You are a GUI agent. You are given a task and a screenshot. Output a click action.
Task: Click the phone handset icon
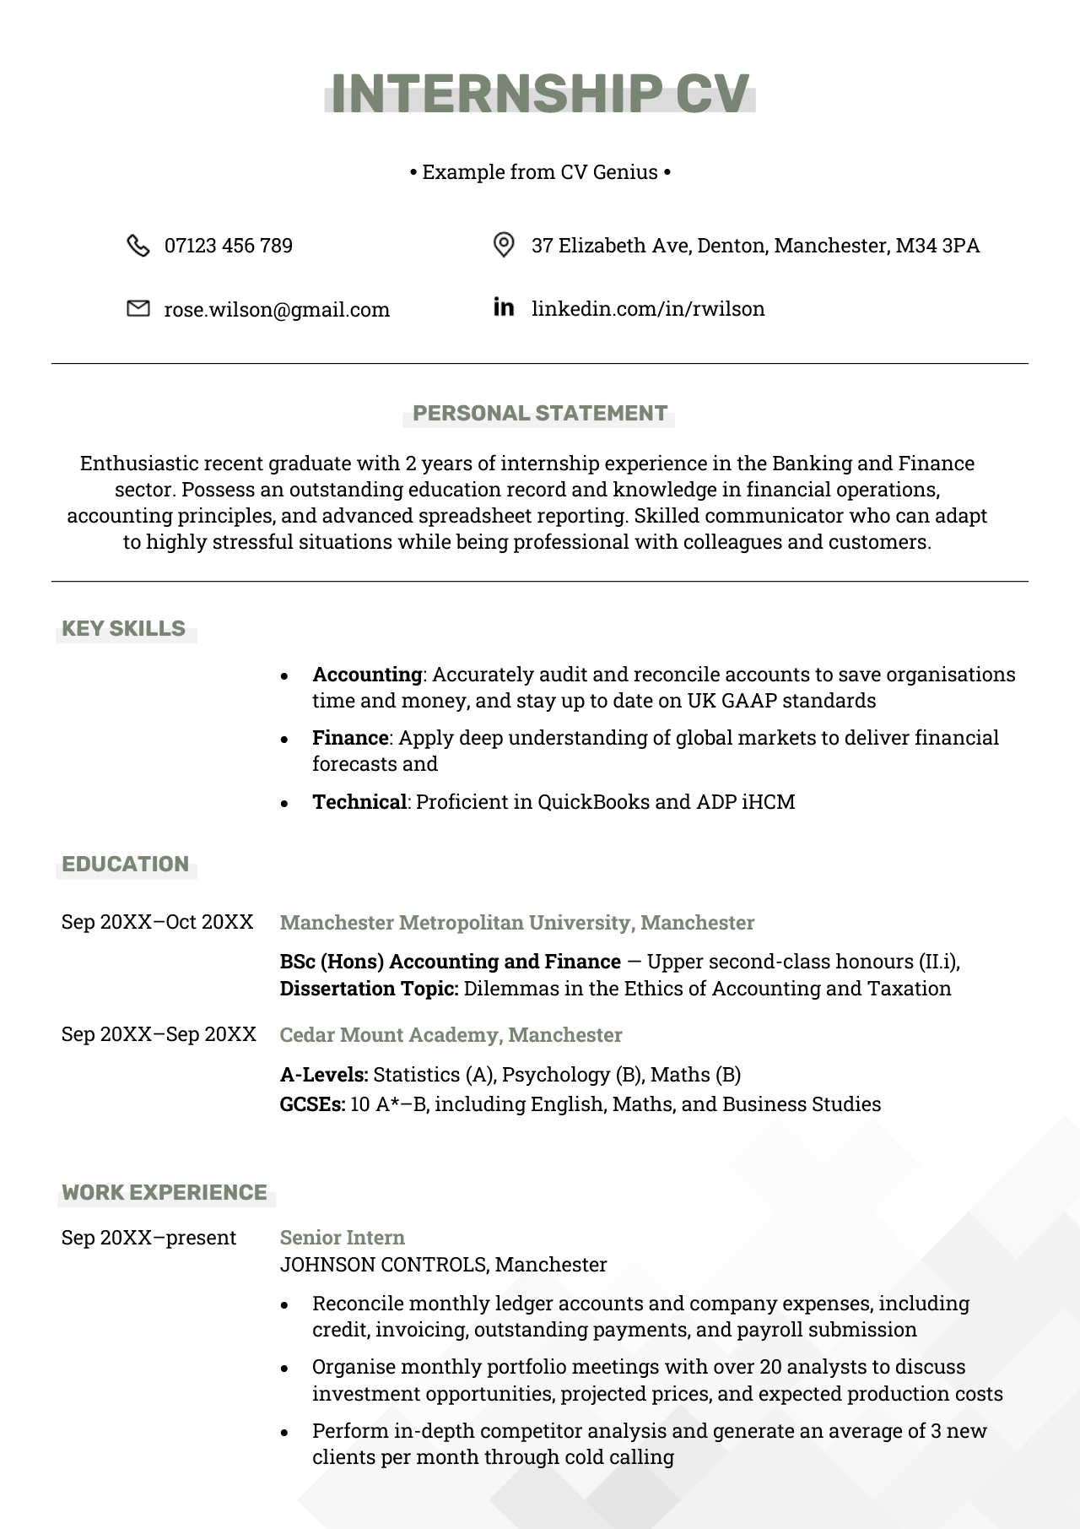pos(138,246)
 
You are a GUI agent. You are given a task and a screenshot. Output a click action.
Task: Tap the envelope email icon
pos(138,309)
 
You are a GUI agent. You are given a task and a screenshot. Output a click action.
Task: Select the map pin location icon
pos(503,245)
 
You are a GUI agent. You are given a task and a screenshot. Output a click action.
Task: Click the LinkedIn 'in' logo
pos(503,307)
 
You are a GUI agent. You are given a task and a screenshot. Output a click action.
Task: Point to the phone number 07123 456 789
pos(228,246)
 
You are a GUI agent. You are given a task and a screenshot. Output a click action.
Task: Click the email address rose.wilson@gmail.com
pos(277,310)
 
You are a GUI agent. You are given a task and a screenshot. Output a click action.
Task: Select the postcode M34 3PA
pos(937,246)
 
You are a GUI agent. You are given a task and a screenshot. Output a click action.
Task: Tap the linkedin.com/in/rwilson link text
pos(647,309)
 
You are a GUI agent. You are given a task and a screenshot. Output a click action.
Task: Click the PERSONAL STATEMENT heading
pos(539,414)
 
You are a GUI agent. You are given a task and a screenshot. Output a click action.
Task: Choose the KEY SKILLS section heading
pos(124,629)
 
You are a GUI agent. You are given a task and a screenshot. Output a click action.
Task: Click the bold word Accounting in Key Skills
pos(367,675)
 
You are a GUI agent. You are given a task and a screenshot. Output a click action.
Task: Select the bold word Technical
pos(359,802)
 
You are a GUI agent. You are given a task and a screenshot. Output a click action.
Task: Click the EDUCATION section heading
pos(126,865)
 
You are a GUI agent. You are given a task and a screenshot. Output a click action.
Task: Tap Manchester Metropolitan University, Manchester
pos(516,923)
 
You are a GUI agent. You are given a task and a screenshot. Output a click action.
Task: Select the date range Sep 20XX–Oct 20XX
pos(157,922)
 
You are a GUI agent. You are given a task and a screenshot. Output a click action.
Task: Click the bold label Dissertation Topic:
pos(369,989)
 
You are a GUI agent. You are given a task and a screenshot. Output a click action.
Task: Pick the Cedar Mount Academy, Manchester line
pos(451,1035)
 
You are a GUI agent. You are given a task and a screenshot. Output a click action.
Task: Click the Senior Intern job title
pos(342,1238)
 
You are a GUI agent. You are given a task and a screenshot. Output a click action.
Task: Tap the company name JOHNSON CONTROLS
pos(383,1265)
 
